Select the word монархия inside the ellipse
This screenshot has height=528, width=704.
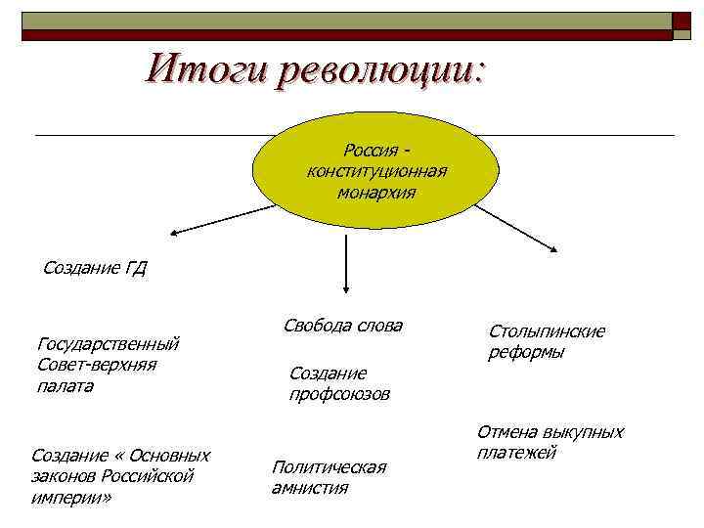point(375,194)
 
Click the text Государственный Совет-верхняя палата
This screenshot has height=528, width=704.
point(107,365)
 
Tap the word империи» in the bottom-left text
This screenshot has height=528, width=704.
point(72,498)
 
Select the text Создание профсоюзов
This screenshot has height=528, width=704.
point(339,383)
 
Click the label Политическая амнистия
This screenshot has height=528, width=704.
point(329,477)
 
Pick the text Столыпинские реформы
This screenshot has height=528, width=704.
point(547,341)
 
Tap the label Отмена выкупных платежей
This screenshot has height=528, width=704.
point(550,441)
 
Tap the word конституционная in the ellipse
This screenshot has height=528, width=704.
point(376,172)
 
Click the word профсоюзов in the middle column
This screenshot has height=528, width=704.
point(339,394)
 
